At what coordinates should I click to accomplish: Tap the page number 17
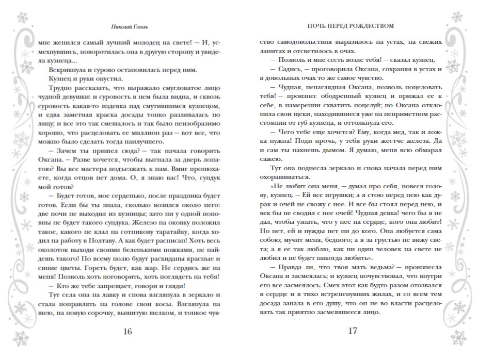(x=352, y=331)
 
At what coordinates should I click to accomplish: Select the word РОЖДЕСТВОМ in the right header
(x=372, y=25)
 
